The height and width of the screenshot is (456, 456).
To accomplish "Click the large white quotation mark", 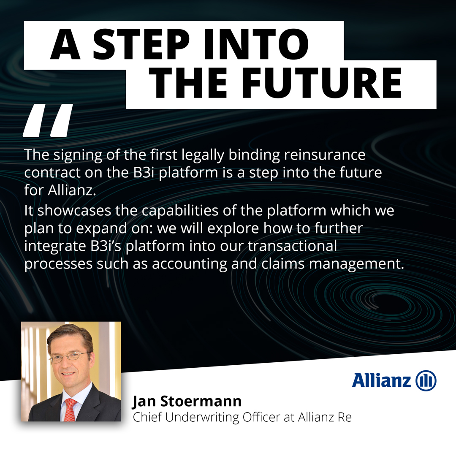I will pyautogui.click(x=47, y=120).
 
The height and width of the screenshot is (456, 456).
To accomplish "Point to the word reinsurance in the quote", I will pyautogui.click(x=325, y=155).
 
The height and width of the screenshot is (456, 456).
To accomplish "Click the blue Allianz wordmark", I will pyautogui.click(x=381, y=380).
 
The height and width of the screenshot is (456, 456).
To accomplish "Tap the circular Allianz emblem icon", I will pyautogui.click(x=426, y=381).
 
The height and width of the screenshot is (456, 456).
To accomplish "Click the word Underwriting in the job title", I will pyautogui.click(x=206, y=417).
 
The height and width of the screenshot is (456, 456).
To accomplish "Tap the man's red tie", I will pyautogui.click(x=70, y=409).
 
